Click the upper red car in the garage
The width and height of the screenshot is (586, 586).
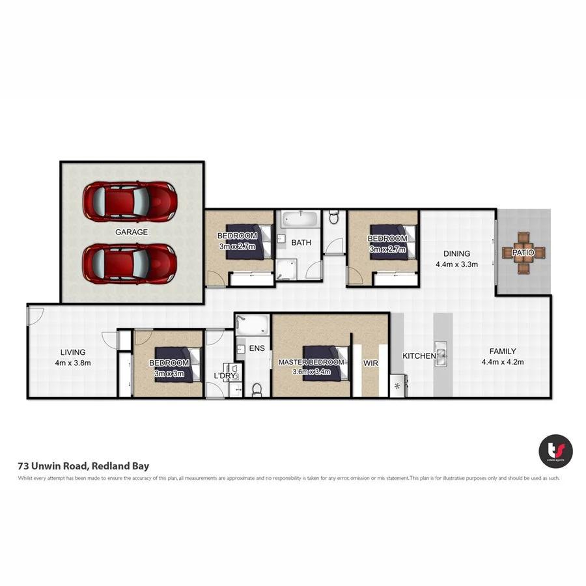(x=130, y=202)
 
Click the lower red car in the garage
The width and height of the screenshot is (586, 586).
(x=130, y=263)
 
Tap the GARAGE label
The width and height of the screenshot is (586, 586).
(x=132, y=232)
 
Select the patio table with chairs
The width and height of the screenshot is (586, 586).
(x=523, y=252)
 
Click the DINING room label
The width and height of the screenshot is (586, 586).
(x=456, y=254)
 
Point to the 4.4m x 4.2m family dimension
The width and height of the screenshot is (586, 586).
(x=503, y=362)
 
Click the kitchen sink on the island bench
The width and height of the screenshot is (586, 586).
(x=442, y=356)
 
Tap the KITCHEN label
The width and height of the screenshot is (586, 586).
(x=419, y=356)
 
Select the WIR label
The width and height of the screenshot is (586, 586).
(x=370, y=362)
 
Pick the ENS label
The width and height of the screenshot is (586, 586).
(x=257, y=348)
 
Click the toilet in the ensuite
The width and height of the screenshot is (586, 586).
(x=257, y=389)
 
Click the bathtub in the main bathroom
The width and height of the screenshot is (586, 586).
(x=300, y=219)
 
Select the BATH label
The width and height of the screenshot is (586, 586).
(x=301, y=243)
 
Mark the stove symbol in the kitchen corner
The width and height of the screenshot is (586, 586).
(x=397, y=386)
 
